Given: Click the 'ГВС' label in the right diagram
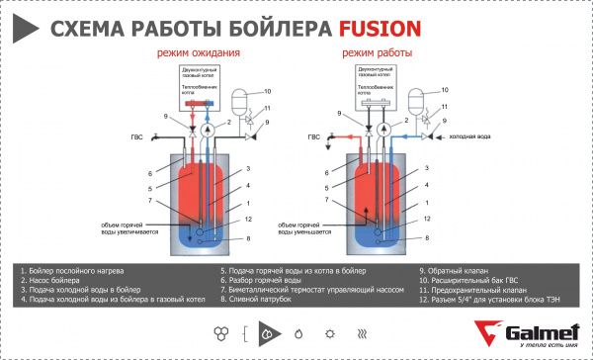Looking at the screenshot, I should click(312, 137).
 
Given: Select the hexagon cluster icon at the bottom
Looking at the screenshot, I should click(218, 334).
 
